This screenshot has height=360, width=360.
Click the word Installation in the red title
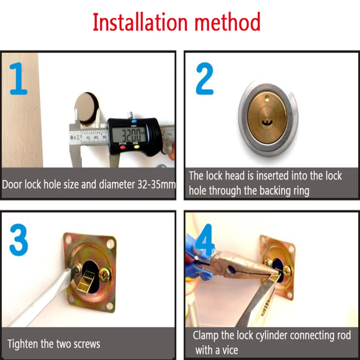click(x=140, y=22)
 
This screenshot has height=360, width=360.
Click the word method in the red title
click(x=228, y=22)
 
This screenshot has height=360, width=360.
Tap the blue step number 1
click(x=18, y=78)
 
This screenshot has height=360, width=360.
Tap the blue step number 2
click(x=205, y=78)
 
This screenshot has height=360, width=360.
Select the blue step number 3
click(x=18, y=240)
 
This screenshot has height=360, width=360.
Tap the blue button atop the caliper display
click(x=134, y=121)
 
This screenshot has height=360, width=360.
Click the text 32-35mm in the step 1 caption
click(x=156, y=184)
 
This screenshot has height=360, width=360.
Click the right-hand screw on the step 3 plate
click(x=105, y=274)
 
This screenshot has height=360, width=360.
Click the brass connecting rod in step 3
click(x=85, y=282)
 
